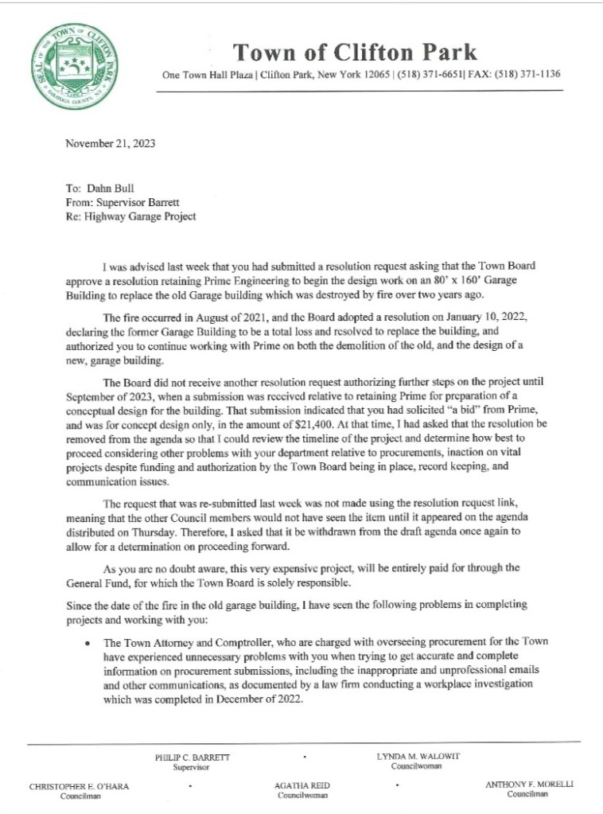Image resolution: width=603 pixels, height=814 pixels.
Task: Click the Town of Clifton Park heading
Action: pos(355,53)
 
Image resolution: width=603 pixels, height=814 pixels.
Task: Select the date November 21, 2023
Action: pos(110,144)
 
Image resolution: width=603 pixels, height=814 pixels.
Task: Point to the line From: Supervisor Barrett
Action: pos(123,204)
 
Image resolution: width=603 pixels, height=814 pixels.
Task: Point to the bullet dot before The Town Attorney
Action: pos(87,641)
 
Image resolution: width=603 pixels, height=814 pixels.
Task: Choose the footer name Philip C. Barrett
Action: pos(192,758)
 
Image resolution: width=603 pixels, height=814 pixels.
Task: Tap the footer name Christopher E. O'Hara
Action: pos(79,785)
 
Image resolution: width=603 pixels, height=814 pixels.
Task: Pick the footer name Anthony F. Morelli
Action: pos(529,785)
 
